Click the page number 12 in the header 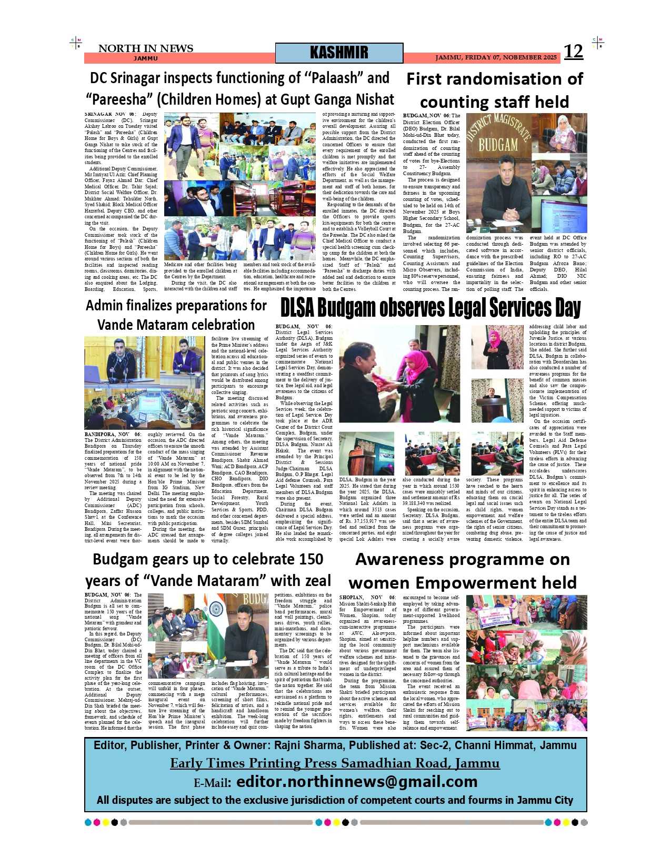(573, 52)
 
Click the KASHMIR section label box (339, 53)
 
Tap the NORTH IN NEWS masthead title (146, 48)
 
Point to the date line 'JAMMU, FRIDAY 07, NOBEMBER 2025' (495, 57)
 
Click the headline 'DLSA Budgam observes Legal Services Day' (430, 308)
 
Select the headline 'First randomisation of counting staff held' (494, 90)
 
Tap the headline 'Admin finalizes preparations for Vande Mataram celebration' (176, 315)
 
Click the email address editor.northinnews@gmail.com (357, 782)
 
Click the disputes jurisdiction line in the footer (335, 800)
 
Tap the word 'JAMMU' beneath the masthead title (145, 58)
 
